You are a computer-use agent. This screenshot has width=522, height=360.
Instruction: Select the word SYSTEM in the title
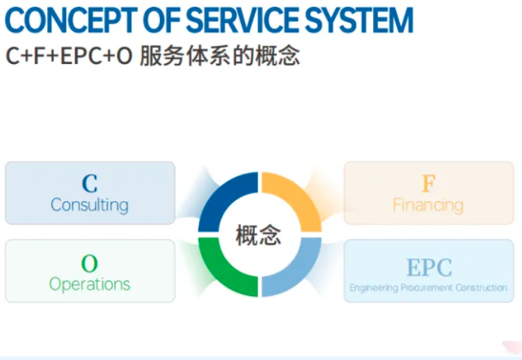361,20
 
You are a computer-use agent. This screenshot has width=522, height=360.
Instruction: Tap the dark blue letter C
90,184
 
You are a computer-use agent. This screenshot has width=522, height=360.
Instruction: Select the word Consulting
90,205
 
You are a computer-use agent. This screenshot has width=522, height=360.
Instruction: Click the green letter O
90,264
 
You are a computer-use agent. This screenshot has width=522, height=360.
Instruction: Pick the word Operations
90,284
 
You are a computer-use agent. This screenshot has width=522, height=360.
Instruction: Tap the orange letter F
429,184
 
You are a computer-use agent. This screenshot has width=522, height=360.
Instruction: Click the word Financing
429,205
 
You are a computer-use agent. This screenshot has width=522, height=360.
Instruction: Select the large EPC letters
429,267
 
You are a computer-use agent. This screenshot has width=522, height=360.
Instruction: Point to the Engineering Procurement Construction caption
429,288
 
